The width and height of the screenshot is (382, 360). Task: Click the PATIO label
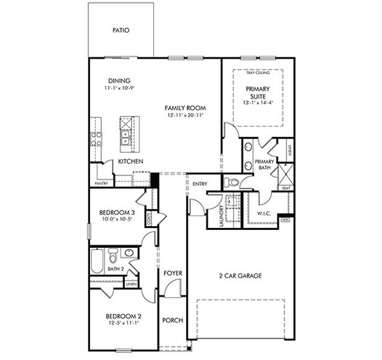(121, 30)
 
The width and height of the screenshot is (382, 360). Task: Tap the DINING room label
(119, 81)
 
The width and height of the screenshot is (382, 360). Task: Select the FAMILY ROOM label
(185, 108)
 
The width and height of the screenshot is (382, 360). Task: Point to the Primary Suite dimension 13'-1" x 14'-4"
(258, 102)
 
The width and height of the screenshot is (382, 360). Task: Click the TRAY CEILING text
(258, 73)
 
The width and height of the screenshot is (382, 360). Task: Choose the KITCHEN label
(130, 162)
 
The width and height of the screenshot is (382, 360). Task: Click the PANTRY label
(101, 184)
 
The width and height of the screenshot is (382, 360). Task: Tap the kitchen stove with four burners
(96, 139)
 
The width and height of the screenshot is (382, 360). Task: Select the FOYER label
(173, 273)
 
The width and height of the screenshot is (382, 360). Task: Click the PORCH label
(173, 320)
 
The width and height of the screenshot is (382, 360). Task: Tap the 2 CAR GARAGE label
(240, 276)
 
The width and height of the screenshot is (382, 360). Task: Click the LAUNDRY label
(222, 213)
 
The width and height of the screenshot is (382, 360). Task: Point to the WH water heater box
(285, 219)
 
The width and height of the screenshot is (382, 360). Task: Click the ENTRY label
(199, 184)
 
